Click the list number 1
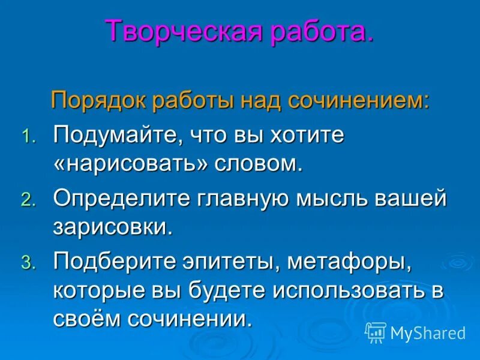click(29, 137)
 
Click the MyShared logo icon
click(375, 332)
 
